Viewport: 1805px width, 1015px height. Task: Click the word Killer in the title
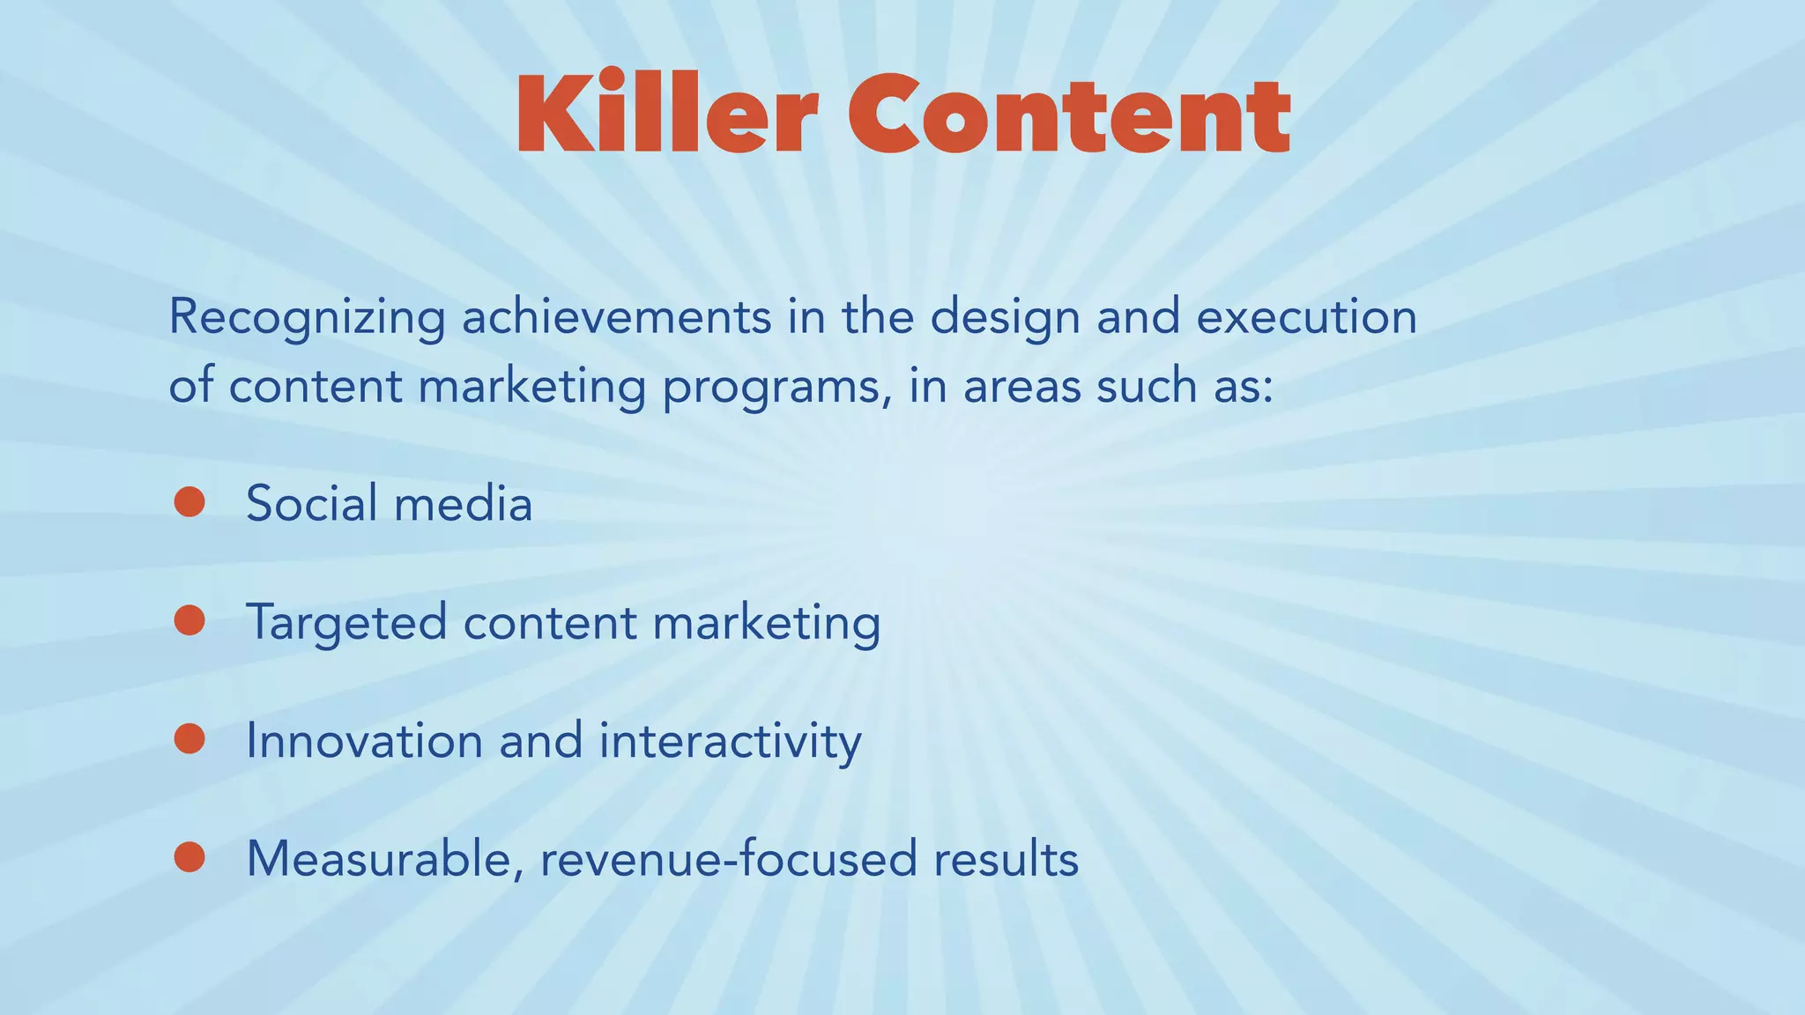[667, 115]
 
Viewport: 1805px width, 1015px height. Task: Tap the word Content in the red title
[1069, 115]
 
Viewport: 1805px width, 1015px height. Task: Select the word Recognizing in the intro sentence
[307, 319]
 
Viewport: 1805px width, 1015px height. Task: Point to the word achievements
[616, 317]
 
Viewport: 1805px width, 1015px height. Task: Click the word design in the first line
[1005, 319]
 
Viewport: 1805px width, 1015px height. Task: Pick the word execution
[1306, 317]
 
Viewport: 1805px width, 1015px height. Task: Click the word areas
[1021, 388]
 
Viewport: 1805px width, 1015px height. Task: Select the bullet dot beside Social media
[189, 502]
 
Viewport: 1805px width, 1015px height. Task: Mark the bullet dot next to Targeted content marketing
[189, 620]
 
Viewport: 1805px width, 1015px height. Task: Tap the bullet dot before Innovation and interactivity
[189, 738]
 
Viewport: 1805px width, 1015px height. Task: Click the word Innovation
[364, 740]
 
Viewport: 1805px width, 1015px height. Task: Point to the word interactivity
[730, 740]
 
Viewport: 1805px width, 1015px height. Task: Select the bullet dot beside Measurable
[189, 857]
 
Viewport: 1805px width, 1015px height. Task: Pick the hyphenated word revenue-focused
[728, 859]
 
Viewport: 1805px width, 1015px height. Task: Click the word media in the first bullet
[463, 504]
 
